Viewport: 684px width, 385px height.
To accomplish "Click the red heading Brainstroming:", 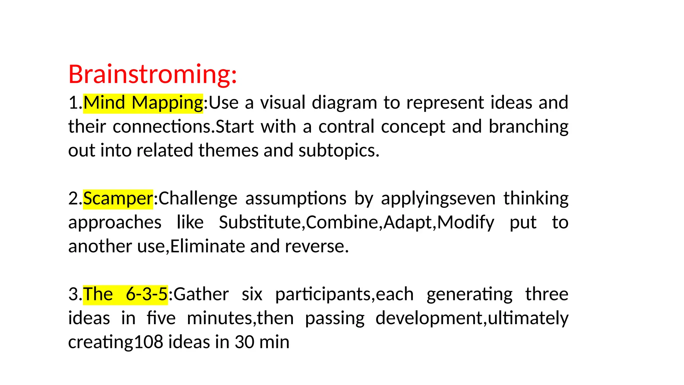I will pos(152,74).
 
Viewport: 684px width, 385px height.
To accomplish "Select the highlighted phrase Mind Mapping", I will pos(143,103).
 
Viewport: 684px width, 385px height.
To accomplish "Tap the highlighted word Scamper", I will pos(118,199).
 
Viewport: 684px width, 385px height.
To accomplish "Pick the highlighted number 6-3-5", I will pos(147,294).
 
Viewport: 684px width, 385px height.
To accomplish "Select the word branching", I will pos(528,127).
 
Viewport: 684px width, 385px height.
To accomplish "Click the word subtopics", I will pos(338,151).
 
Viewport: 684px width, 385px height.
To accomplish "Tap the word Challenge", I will pos(198,199).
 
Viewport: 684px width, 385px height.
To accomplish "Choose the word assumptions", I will pos(296,199).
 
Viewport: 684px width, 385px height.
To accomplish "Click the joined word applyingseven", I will pos(438,199).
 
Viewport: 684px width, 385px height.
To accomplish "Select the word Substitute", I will pos(260,223).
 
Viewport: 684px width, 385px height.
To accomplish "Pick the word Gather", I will pos(201,294).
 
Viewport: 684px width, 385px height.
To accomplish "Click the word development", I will pos(430,318).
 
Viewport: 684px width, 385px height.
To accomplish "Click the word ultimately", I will pos(528,318).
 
